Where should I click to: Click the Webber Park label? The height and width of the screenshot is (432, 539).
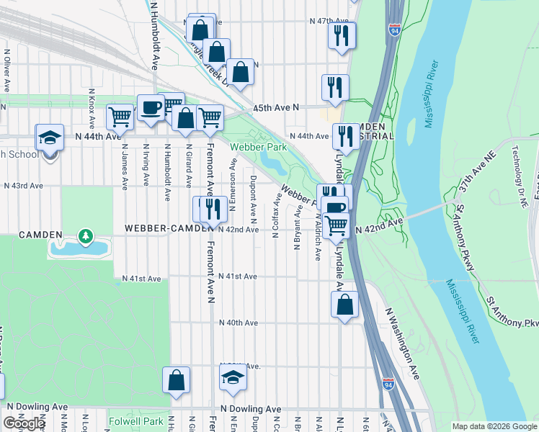[258, 147]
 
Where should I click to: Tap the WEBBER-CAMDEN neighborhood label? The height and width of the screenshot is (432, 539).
[169, 228]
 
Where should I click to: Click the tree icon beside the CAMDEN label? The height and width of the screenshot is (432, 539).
[86, 235]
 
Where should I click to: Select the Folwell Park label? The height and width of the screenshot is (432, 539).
[135, 421]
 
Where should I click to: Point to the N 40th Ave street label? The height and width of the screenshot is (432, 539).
[238, 323]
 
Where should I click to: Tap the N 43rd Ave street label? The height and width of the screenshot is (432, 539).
[23, 185]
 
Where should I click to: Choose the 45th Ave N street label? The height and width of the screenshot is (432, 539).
[275, 107]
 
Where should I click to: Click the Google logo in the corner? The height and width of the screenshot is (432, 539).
[24, 423]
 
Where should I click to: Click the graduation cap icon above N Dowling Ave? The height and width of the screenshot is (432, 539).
[233, 378]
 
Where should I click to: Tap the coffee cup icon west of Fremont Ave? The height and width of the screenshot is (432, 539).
[151, 108]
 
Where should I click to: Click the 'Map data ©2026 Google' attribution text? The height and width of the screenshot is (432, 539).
[494, 426]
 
